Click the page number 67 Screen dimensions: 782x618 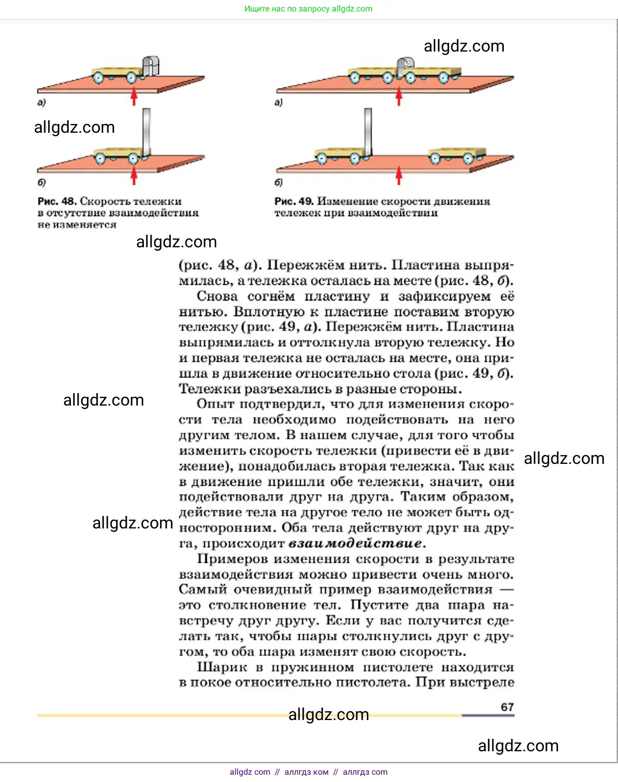507,707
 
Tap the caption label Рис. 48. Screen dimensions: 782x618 57,201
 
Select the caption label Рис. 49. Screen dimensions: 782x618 293,201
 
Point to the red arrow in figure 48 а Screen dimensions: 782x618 134,96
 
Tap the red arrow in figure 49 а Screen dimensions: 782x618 399,96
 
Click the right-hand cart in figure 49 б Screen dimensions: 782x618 455,156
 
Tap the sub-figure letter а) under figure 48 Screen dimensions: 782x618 42,103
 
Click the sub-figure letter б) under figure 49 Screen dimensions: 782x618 279,182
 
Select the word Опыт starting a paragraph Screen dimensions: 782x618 215,405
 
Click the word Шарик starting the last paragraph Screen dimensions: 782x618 222,667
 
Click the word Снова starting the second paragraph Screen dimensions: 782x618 217,296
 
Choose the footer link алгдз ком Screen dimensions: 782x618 306,772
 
